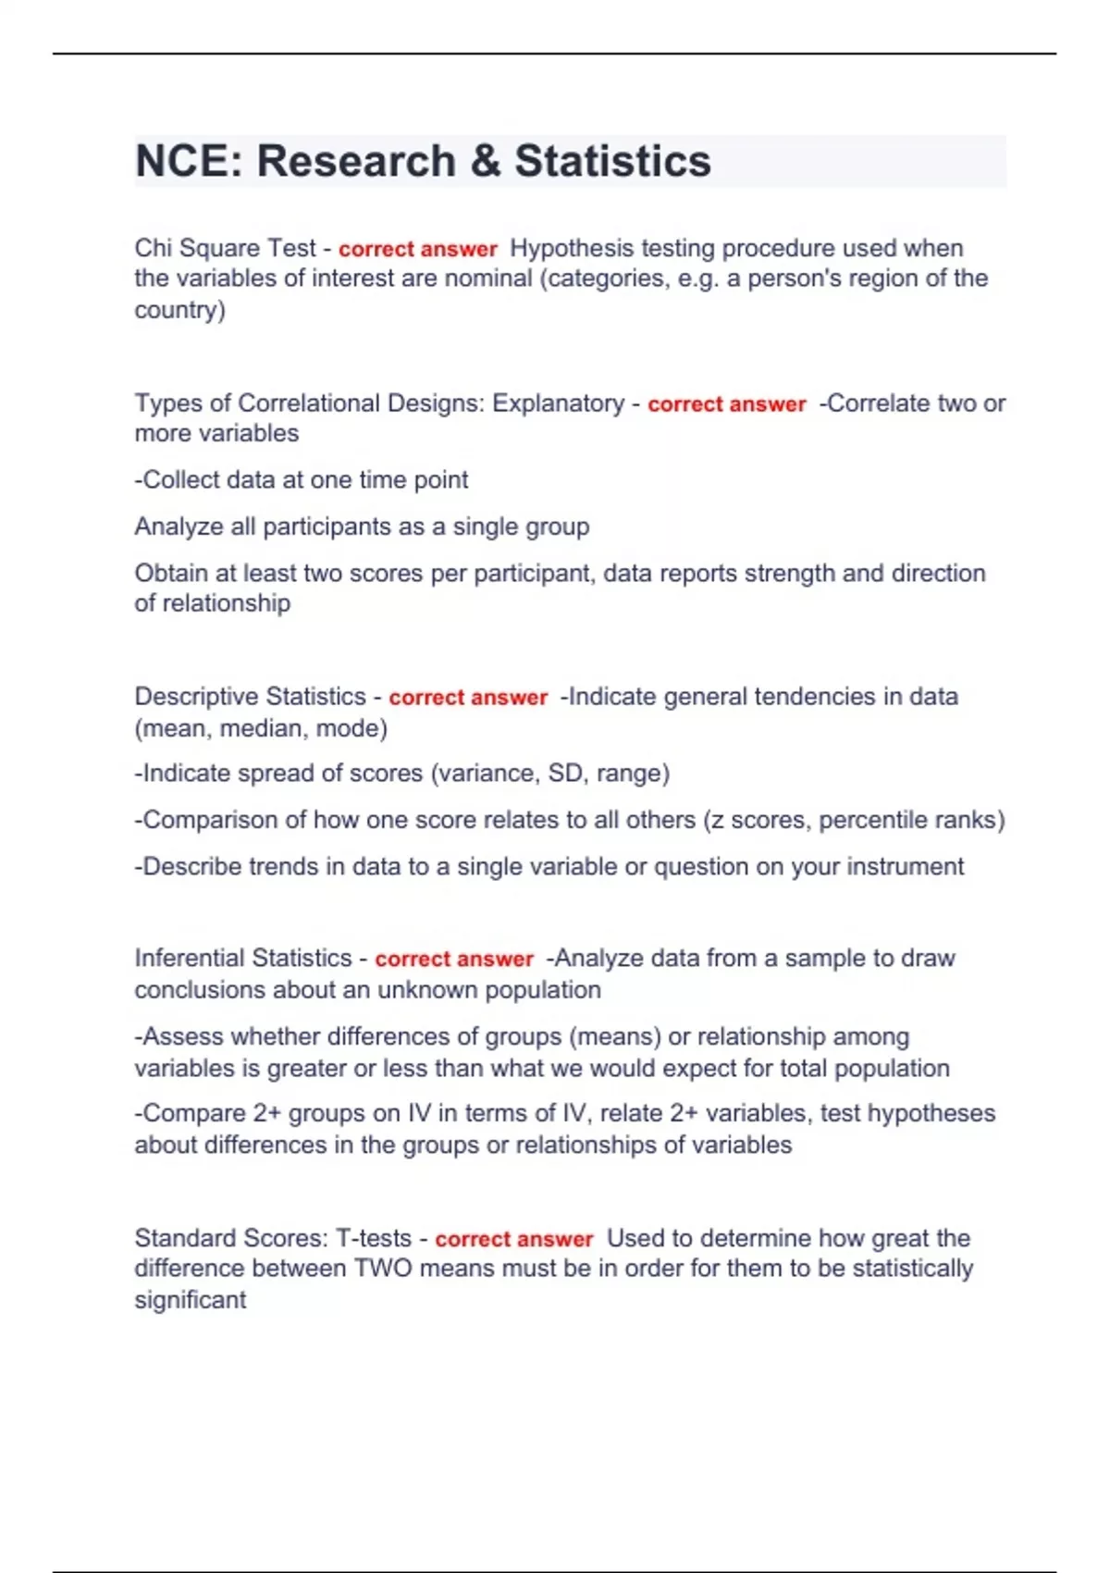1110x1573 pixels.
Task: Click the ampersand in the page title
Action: point(486,161)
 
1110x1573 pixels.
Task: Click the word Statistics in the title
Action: point(612,161)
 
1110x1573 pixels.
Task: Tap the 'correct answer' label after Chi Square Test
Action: point(418,249)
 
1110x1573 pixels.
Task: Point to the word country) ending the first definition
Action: point(179,310)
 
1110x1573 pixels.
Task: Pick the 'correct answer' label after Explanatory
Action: point(727,404)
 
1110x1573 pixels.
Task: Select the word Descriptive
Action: point(191,697)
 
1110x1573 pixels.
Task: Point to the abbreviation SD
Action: point(565,774)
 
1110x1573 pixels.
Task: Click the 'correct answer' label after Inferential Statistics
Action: point(454,960)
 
